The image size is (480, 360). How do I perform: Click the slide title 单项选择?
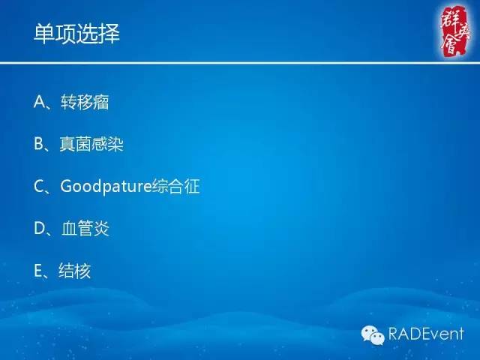pyautogui.click(x=77, y=34)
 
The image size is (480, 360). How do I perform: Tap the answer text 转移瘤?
pyautogui.click(x=85, y=103)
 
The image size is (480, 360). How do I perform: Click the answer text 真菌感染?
pyautogui.click(x=91, y=145)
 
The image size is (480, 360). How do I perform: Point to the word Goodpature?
pyautogui.click(x=105, y=187)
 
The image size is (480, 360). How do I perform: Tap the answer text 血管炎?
pyautogui.click(x=85, y=229)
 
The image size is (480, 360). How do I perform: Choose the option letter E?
pyautogui.click(x=39, y=271)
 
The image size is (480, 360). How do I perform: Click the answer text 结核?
pyautogui.click(x=75, y=271)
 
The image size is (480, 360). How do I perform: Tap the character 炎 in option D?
pyautogui.click(x=101, y=229)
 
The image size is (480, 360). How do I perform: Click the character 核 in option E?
pyautogui.click(x=83, y=271)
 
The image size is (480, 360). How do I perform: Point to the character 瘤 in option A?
pyautogui.click(x=101, y=103)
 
